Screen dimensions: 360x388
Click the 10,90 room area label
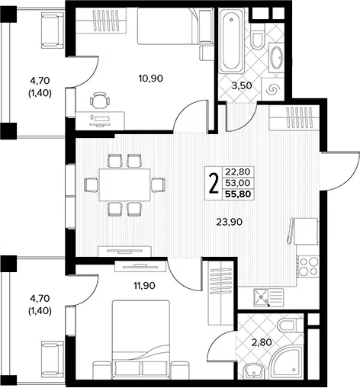(151, 79)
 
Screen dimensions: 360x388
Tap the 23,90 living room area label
(230, 223)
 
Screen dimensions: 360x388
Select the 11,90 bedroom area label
(144, 286)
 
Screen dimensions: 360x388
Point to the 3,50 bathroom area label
(242, 86)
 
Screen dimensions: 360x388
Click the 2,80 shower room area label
(262, 342)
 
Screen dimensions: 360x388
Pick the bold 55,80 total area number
(238, 194)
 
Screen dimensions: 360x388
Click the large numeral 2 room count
(214, 183)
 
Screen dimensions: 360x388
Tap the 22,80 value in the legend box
(238, 172)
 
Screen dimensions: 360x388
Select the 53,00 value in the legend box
(238, 183)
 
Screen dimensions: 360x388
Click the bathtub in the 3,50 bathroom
(231, 40)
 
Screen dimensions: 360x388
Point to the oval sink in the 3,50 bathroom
(276, 57)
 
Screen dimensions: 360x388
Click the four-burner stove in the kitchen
(308, 267)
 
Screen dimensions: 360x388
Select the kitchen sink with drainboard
(268, 297)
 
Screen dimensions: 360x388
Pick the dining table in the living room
(124, 184)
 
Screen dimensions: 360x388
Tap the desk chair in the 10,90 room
(100, 101)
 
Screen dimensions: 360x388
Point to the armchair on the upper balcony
(53, 30)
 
